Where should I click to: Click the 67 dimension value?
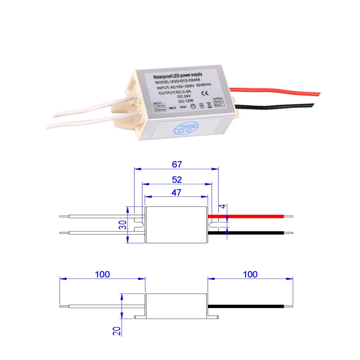(176, 164)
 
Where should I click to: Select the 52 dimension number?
(177, 179)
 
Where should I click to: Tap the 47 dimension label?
(176, 192)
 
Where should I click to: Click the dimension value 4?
(222, 207)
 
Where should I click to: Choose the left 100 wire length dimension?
(102, 274)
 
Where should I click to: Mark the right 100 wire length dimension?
(250, 274)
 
